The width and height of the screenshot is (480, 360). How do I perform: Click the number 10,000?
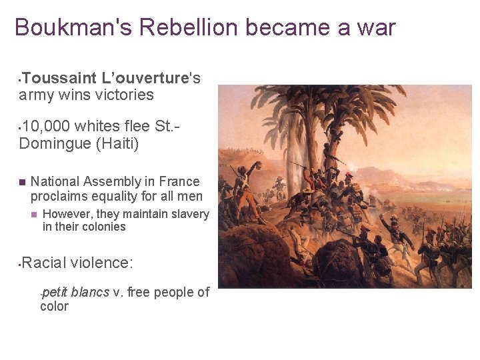point(46,126)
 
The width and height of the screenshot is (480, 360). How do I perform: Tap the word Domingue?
point(53,143)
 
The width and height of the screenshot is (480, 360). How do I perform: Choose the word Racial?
point(44,263)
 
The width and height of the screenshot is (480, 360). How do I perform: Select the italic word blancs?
point(90,292)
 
